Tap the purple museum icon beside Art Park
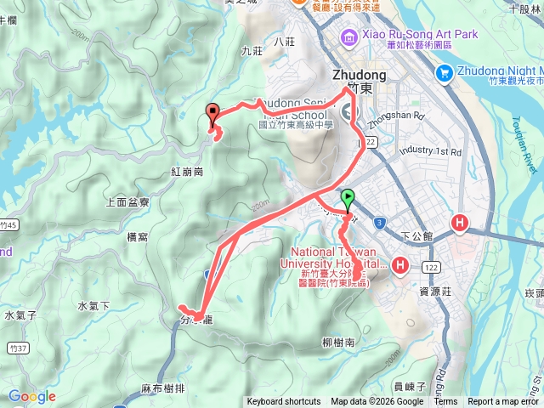coord(348,37)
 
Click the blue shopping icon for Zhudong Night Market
coord(444,74)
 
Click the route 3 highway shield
coord(379,222)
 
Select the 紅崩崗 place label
coord(187,172)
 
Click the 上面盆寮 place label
coord(127,202)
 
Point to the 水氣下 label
coord(93,306)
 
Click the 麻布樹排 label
coord(164,388)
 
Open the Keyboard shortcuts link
coord(283,402)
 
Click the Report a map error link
coord(503,402)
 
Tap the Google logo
coord(31,396)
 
